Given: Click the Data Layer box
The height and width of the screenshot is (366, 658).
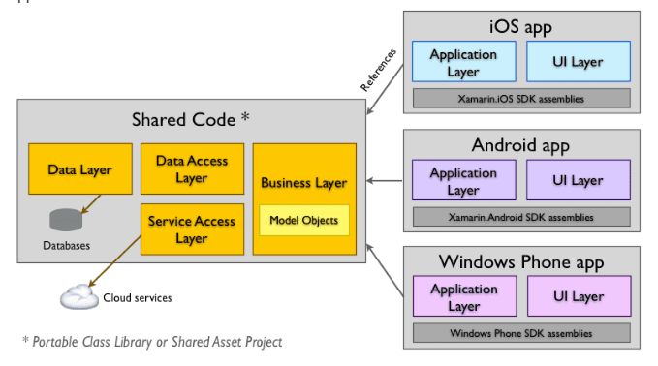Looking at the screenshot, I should click(x=79, y=169).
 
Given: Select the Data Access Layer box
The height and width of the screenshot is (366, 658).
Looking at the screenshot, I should click(x=191, y=170).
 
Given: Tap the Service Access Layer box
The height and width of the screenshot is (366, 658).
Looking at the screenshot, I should click(x=191, y=229).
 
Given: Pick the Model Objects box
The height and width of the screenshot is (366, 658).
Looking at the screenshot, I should click(x=303, y=221).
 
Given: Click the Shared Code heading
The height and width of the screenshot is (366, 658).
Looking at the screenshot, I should click(x=191, y=119).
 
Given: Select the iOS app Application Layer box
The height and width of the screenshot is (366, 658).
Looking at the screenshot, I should click(x=463, y=62).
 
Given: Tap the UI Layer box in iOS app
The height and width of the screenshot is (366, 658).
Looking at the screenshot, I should click(x=579, y=62).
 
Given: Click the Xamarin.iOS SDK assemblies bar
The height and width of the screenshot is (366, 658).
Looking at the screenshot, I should click(x=521, y=98).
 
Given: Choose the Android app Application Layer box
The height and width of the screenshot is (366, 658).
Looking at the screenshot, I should click(x=463, y=181).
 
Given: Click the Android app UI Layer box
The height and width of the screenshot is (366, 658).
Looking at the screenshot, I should click(x=579, y=181).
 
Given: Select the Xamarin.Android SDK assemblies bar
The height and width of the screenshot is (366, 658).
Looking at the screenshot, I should click(x=521, y=217).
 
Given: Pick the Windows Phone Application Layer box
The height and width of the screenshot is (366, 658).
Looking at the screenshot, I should click(x=463, y=296).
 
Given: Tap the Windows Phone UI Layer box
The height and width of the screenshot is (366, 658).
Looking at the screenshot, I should click(x=579, y=296).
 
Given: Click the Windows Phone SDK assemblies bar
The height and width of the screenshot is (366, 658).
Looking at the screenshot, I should click(x=521, y=333).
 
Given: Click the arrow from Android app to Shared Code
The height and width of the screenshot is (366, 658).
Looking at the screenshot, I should click(x=386, y=181).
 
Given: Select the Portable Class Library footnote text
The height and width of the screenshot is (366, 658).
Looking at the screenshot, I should click(x=152, y=342).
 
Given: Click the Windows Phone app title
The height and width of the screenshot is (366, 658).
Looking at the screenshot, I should click(x=521, y=261).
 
